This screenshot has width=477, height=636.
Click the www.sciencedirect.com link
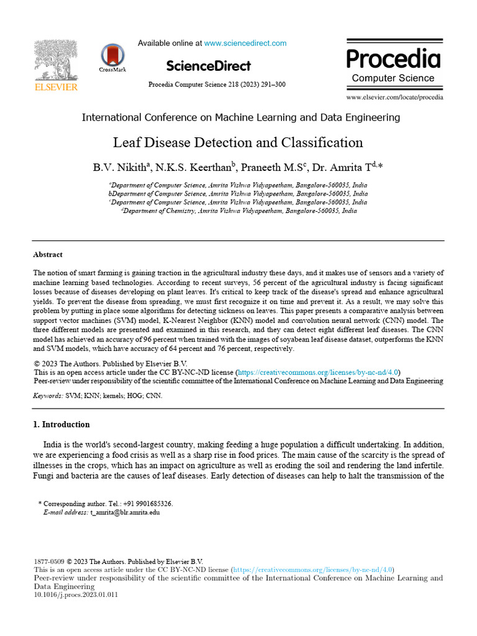tap(245, 43)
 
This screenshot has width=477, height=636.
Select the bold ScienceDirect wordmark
tap(209, 66)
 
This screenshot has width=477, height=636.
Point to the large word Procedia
tap(393, 59)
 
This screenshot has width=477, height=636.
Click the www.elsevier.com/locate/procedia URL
tap(394, 98)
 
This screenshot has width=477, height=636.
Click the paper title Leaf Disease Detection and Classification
tap(238, 142)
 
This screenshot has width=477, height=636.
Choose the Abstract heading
tap(48, 255)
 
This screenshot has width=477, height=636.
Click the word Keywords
tap(48, 395)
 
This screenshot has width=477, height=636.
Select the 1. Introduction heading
tap(61, 424)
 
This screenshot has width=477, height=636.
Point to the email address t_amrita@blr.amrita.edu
tap(125, 512)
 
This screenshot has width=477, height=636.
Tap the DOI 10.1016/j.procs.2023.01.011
tap(76, 594)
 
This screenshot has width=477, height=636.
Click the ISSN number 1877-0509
tap(48, 561)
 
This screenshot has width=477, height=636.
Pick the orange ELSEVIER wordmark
tap(55, 88)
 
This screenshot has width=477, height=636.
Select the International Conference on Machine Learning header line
tap(241, 117)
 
